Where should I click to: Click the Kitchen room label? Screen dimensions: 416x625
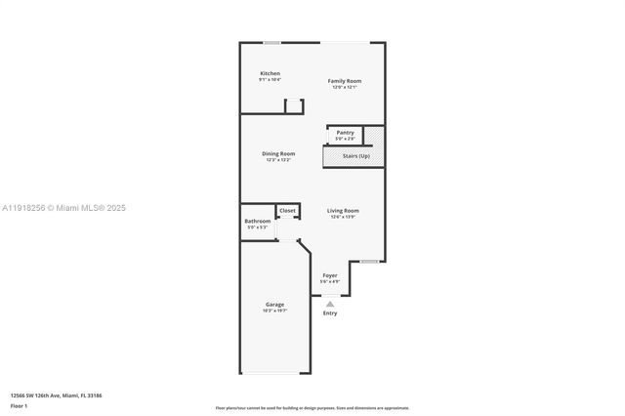pyautogui.click(x=270, y=74)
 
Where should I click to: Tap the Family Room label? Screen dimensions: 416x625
pyautogui.click(x=344, y=81)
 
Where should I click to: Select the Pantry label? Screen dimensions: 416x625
pyautogui.click(x=345, y=132)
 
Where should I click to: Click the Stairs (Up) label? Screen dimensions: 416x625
pyautogui.click(x=355, y=156)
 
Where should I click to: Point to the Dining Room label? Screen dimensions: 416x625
pyautogui.click(x=279, y=153)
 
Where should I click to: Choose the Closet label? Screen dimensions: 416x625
pyautogui.click(x=287, y=210)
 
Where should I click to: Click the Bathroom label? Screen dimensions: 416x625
pyautogui.click(x=258, y=221)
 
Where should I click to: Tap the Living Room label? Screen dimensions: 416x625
pyautogui.click(x=343, y=210)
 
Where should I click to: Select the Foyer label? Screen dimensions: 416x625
pyautogui.click(x=330, y=275)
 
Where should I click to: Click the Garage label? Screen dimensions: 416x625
pyautogui.click(x=274, y=305)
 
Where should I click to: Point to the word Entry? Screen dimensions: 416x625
pyautogui.click(x=330, y=312)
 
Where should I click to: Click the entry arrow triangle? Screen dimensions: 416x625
pyautogui.click(x=330, y=303)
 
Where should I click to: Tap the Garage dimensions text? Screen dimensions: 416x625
pyautogui.click(x=274, y=311)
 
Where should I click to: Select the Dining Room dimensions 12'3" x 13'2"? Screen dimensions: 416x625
pyautogui.click(x=279, y=159)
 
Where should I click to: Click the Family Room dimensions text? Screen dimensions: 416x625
pyautogui.click(x=344, y=87)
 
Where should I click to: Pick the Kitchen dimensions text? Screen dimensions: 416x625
pyautogui.click(x=270, y=80)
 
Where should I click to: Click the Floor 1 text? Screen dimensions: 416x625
pyautogui.click(x=20, y=404)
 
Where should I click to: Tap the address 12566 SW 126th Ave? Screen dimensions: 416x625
pyautogui.click(x=41, y=395)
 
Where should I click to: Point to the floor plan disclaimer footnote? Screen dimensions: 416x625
pyautogui.click(x=312, y=408)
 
